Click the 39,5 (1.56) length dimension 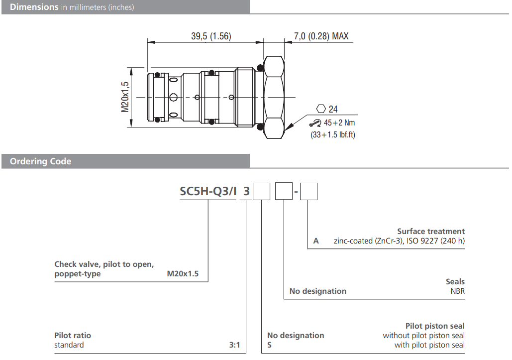(x=211, y=36)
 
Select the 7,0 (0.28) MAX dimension (x=321, y=36)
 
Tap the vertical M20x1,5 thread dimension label (x=125, y=97)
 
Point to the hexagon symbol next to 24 (x=321, y=109)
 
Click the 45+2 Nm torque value (x=339, y=123)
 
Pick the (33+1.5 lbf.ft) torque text (x=333, y=134)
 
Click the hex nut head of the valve (x=274, y=97)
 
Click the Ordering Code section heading (x=41, y=161)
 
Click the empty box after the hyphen (x=308, y=192)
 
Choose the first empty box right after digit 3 (x=261, y=192)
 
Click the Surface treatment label (x=431, y=231)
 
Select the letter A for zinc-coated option (x=316, y=241)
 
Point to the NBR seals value (x=457, y=291)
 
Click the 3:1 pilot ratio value (x=234, y=345)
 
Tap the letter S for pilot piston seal (x=270, y=345)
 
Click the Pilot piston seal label (x=435, y=326)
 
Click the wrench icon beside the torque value (x=315, y=123)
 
